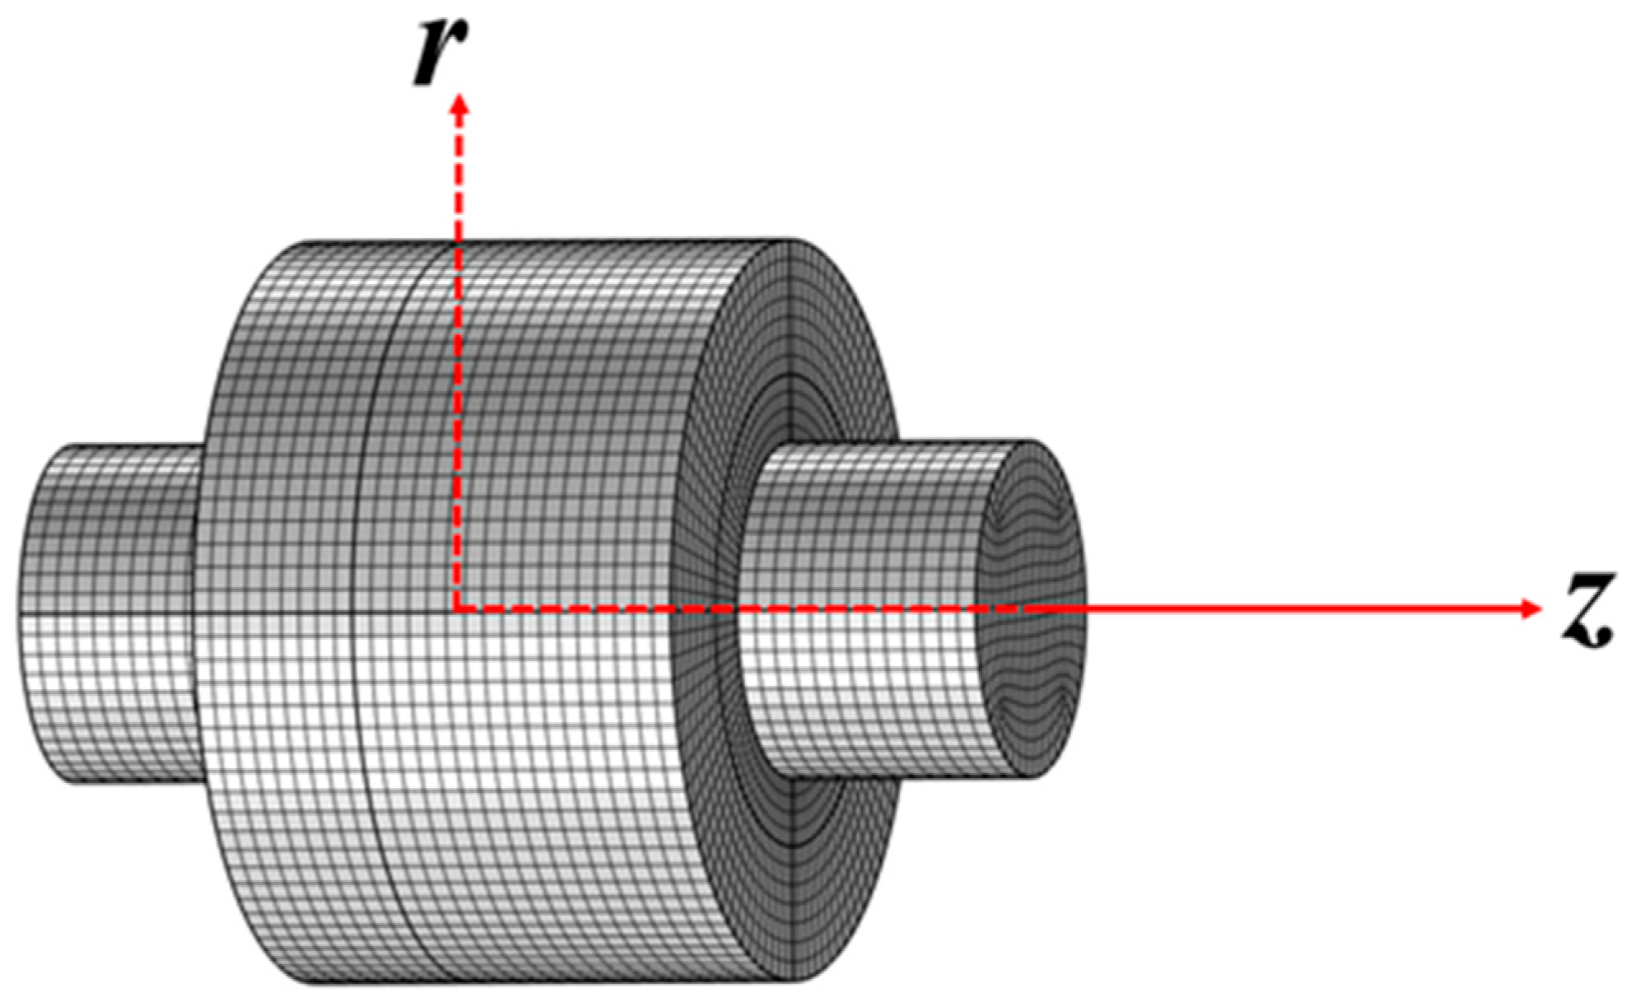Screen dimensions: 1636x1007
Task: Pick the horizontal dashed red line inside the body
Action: [659, 610]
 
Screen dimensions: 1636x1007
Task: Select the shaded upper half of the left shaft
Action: [115, 527]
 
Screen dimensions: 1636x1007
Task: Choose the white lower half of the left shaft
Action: [115, 700]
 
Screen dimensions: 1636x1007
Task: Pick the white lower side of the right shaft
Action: [865, 700]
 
